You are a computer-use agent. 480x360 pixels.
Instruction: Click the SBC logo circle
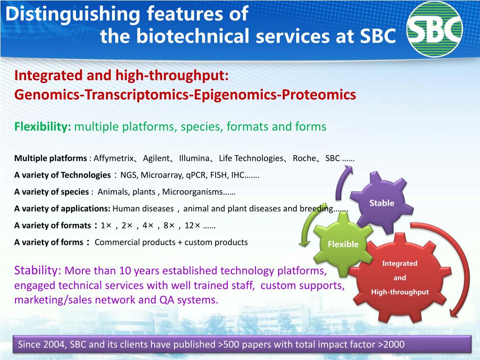click(x=435, y=29)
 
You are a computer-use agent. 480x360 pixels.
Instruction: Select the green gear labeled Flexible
click(x=343, y=244)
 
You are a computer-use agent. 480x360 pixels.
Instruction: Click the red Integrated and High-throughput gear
click(x=399, y=278)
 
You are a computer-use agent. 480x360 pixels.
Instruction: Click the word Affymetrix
click(x=113, y=158)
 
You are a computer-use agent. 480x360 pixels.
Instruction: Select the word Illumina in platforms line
click(x=194, y=158)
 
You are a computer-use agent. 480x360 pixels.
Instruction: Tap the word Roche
click(x=304, y=158)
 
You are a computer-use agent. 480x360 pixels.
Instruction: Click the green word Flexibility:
click(x=43, y=127)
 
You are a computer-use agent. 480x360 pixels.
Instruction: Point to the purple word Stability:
click(x=38, y=270)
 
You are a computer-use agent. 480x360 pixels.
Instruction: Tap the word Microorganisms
click(x=192, y=192)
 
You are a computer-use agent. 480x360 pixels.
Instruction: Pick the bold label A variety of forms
click(x=49, y=242)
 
